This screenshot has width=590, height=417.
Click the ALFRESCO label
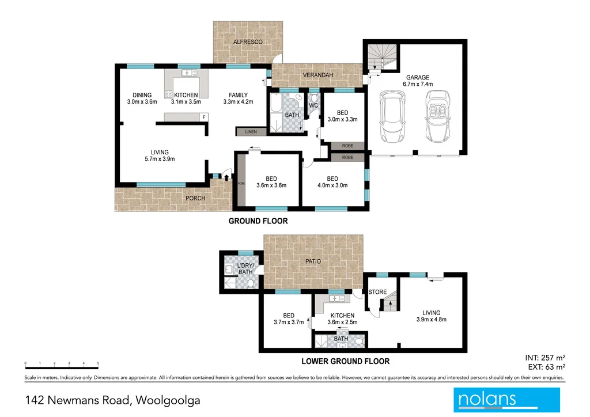click(x=248, y=43)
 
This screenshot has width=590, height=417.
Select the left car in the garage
click(x=392, y=117)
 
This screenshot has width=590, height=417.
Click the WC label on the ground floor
click(x=313, y=106)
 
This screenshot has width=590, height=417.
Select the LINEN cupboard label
click(x=251, y=132)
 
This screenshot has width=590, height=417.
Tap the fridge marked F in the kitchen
click(x=203, y=117)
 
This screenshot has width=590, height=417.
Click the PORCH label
click(x=195, y=198)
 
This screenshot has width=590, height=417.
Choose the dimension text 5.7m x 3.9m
click(x=160, y=160)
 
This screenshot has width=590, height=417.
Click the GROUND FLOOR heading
click(x=258, y=221)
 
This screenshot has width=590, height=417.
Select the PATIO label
click(x=313, y=261)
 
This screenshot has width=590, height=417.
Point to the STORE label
click(x=377, y=292)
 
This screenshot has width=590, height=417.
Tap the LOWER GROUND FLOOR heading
click(x=346, y=362)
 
